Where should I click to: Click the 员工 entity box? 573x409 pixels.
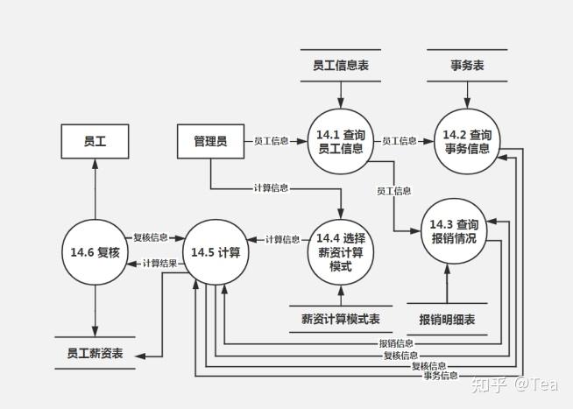pos(95,140)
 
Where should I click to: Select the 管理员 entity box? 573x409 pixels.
pos(209,140)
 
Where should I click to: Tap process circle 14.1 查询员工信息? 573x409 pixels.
pos(341,140)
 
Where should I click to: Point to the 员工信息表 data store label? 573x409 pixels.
pos(341,65)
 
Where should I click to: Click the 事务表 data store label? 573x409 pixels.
pos(467,65)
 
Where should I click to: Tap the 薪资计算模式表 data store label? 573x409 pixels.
pos(341,319)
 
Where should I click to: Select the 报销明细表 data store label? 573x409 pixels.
pos(447,319)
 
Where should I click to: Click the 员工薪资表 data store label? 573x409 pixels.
pos(95,354)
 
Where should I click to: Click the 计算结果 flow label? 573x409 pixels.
pos(159,263)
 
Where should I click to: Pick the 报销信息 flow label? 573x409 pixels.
pos(396,343)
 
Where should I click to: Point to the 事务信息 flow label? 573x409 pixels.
pos(441,376)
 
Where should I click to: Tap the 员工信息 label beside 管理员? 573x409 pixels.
pos(272,140)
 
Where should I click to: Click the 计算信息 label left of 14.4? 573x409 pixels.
pos(281,239)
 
